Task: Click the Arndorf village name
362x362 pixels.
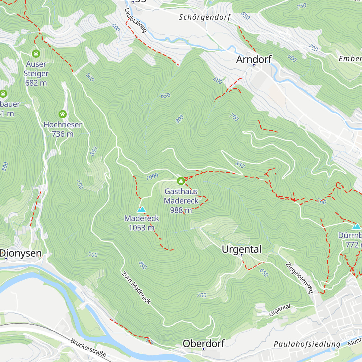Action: pyautogui.click(x=254, y=59)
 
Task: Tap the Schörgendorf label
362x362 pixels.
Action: pyautogui.click(x=205, y=17)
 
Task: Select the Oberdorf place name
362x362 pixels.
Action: pyautogui.click(x=204, y=343)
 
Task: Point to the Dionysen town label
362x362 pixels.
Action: pyautogui.click(x=21, y=253)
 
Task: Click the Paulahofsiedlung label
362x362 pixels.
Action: pyautogui.click(x=307, y=344)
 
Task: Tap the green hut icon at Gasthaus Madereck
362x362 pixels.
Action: pyautogui.click(x=181, y=181)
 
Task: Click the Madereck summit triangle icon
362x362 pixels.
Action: pyautogui.click(x=141, y=209)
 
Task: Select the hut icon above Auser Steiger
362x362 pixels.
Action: pyautogui.click(x=36, y=54)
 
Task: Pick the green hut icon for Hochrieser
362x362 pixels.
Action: pyautogui.click(x=62, y=114)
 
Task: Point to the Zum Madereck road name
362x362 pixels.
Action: pyautogui.click(x=136, y=287)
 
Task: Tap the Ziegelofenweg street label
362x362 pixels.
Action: pyautogui.click(x=299, y=278)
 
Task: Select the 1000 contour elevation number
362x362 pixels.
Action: pyautogui.click(x=152, y=177)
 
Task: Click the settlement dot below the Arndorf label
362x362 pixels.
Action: pyautogui.click(x=254, y=65)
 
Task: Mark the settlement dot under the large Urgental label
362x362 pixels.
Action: pyautogui.click(x=241, y=255)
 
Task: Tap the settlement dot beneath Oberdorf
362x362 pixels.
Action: pyautogui.click(x=204, y=349)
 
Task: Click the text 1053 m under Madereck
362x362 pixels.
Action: pyautogui.click(x=141, y=228)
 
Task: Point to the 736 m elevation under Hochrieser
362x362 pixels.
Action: pyautogui.click(x=62, y=134)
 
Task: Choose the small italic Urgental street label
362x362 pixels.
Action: pyautogui.click(x=279, y=310)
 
